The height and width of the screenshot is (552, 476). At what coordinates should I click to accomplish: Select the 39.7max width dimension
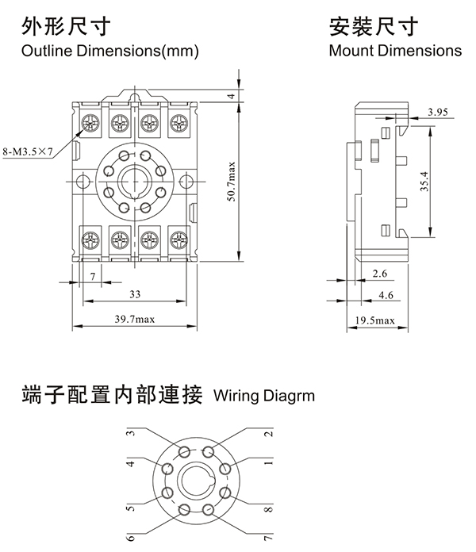pyautogui.click(x=133, y=319)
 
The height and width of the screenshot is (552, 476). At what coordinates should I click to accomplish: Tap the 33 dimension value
pyautogui.click(x=134, y=294)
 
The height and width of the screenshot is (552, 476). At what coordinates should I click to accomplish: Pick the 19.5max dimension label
pyautogui.click(x=374, y=320)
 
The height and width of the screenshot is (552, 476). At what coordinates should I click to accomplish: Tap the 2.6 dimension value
pyautogui.click(x=379, y=274)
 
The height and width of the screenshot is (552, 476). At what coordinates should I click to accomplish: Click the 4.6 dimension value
pyautogui.click(x=386, y=295)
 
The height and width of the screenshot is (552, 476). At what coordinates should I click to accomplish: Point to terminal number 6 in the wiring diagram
pyautogui.click(x=130, y=537)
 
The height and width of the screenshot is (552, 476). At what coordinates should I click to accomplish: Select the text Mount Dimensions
pyautogui.click(x=394, y=52)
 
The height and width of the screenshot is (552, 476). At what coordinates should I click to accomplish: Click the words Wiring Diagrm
pyautogui.click(x=263, y=394)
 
